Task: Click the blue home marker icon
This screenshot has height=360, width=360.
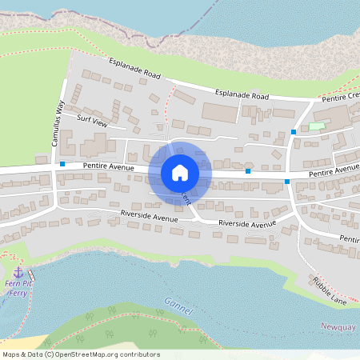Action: [180, 172]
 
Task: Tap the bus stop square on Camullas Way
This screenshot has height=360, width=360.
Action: [62, 164]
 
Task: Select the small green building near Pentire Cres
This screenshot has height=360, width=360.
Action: [318, 126]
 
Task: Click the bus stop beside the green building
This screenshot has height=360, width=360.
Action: [294, 131]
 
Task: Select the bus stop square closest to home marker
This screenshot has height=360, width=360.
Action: [248, 171]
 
